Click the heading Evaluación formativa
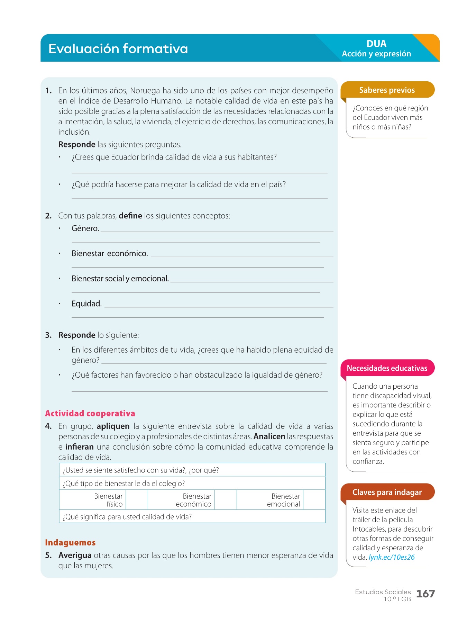(118, 49)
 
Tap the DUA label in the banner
(376, 44)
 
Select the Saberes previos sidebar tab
(387, 90)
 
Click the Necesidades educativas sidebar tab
(387, 368)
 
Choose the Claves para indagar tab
(387, 492)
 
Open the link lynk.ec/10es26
(392, 557)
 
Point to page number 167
(425, 594)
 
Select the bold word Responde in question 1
(77, 144)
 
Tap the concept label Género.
(85, 228)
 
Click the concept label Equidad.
(86, 304)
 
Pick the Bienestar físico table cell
(108, 500)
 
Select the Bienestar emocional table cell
(284, 500)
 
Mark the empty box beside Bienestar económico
(226, 500)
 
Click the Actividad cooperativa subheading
(90, 414)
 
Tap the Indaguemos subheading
(70, 543)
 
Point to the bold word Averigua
(75, 556)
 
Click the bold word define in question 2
(130, 216)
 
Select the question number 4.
(48, 426)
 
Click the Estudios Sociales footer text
(383, 592)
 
